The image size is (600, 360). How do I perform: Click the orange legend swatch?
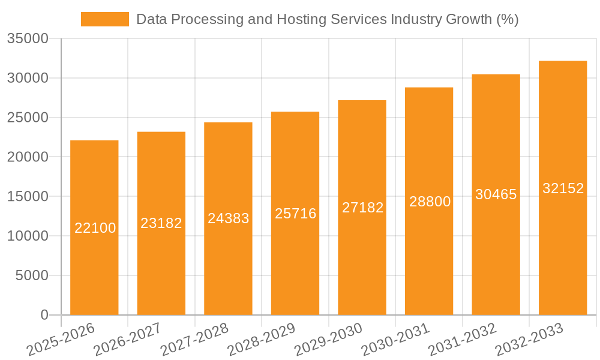click(104, 19)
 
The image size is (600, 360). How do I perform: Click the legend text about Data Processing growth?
click(327, 19)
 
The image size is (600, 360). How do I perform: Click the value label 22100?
click(95, 228)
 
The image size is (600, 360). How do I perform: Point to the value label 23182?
click(161, 223)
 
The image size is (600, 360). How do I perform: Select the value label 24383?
click(228, 218)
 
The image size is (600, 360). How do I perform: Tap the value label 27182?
click(362, 208)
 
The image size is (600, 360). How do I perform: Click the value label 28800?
click(430, 202)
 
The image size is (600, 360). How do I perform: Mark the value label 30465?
click(496, 194)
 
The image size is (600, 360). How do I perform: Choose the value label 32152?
click(563, 188)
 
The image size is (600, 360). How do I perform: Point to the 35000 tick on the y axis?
click(28, 39)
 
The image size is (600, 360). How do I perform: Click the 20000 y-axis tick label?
click(28, 157)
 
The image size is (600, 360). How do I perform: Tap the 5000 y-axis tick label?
click(31, 275)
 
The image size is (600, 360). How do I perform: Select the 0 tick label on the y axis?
click(44, 315)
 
